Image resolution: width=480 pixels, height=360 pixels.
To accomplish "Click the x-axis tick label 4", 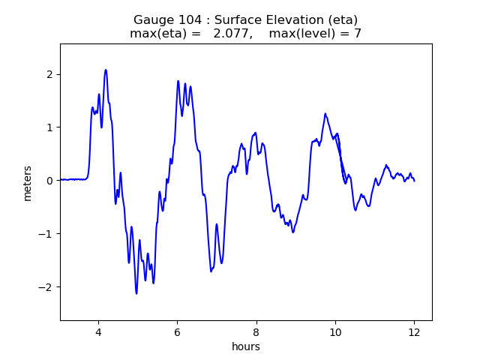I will click(x=97, y=332).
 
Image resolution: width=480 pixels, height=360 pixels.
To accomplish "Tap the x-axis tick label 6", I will click(x=177, y=332).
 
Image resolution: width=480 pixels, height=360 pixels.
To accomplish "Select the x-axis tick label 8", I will click(x=256, y=332).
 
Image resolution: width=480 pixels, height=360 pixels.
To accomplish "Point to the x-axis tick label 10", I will click(x=335, y=332).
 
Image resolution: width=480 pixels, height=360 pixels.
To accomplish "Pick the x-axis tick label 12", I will click(x=414, y=332).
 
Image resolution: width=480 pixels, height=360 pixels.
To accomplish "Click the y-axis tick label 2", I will click(x=50, y=74).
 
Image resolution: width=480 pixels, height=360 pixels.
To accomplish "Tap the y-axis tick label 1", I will click(x=50, y=127).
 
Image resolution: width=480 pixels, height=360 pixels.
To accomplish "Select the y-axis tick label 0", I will click(x=50, y=181).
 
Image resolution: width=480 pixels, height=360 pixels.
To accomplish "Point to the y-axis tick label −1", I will click(x=46, y=234).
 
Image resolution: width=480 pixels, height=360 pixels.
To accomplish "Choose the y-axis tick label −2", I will click(x=46, y=287).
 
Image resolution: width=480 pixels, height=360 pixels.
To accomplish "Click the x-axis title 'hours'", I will click(x=246, y=346).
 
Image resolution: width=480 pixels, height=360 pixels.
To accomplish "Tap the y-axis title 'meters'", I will click(x=28, y=183).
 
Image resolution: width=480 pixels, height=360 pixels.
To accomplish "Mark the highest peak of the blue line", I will click(x=106, y=70).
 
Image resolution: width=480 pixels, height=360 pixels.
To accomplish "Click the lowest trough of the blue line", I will click(x=136, y=293).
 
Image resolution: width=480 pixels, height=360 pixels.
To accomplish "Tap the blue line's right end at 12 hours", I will click(x=414, y=181).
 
